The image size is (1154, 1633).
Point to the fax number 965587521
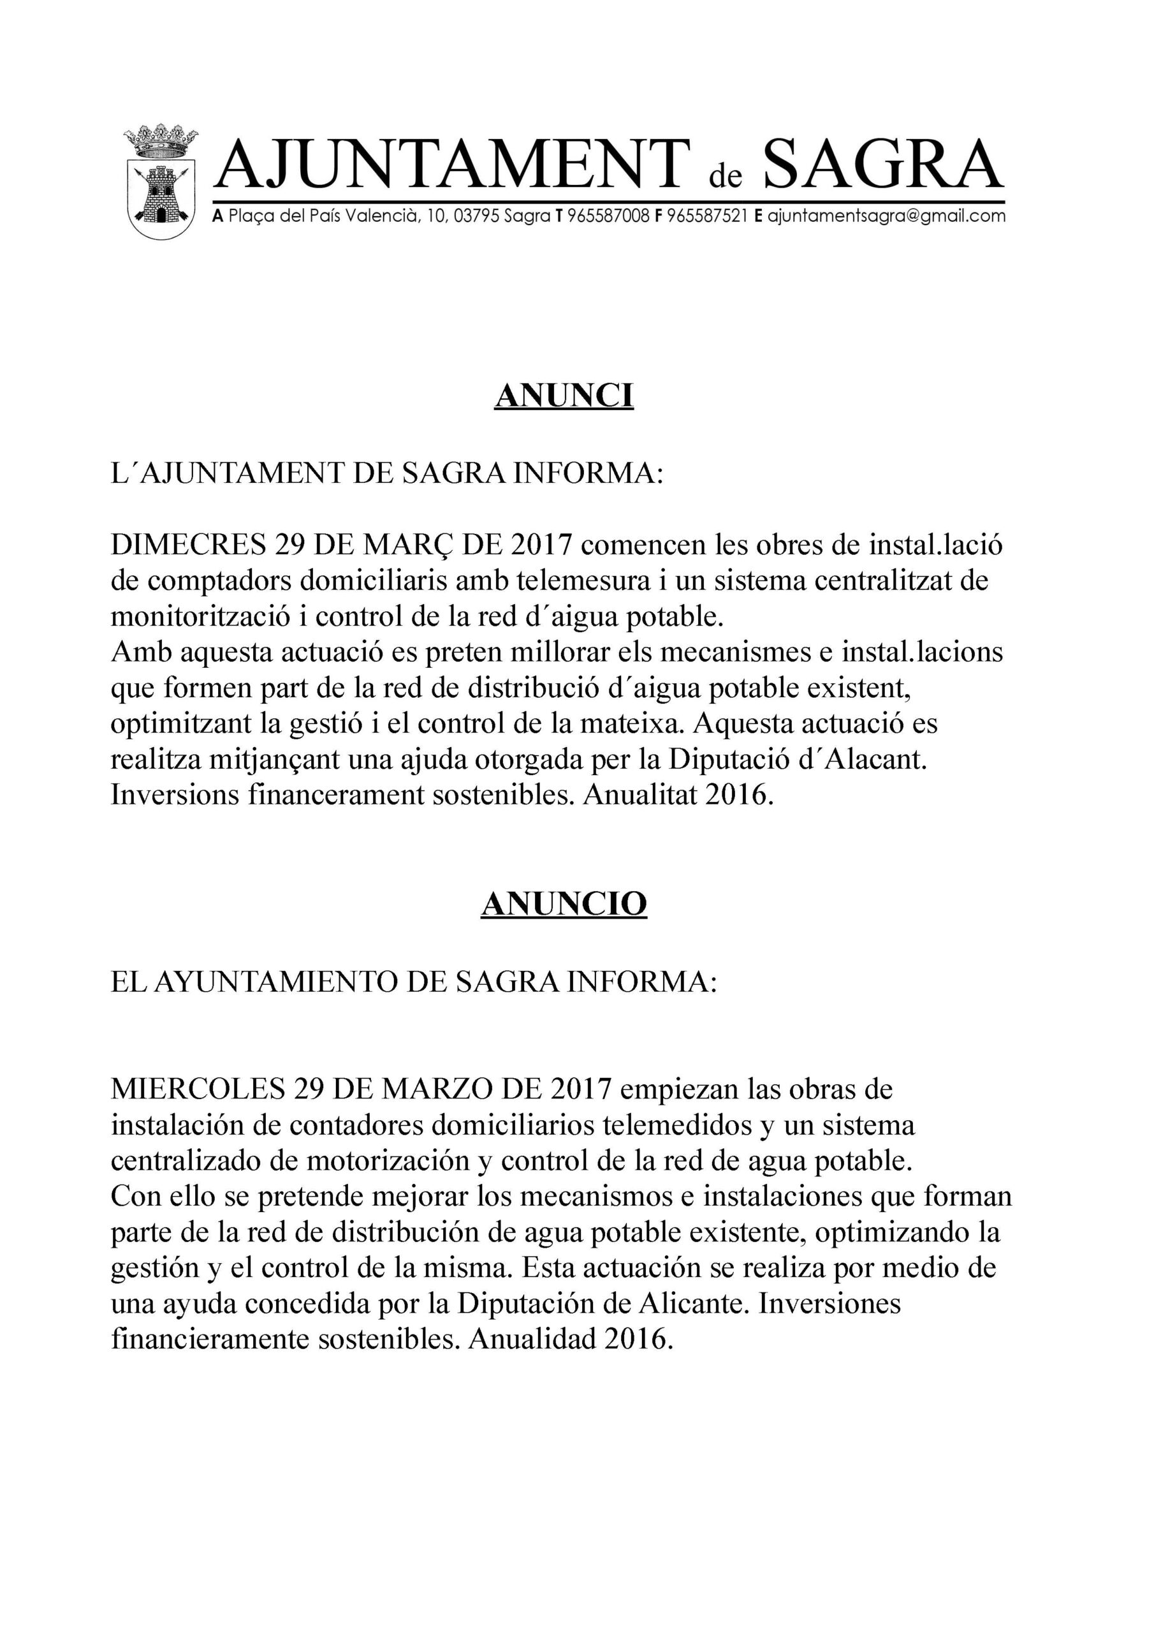[x=708, y=216]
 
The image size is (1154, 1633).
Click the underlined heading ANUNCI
[x=564, y=396]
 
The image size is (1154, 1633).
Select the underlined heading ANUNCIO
[x=564, y=904]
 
